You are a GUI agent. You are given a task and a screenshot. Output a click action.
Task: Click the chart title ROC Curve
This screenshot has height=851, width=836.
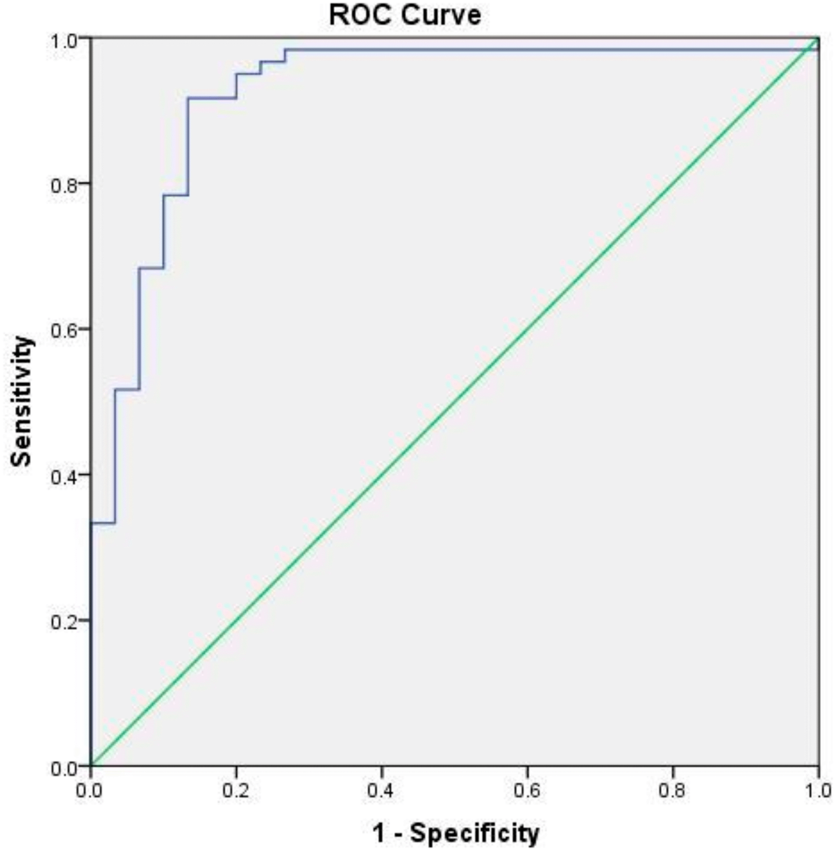(405, 16)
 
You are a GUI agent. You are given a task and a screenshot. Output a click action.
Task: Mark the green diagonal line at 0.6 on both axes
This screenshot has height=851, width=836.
(527, 330)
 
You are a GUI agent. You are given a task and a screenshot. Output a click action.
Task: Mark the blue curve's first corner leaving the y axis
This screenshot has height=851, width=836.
(91, 523)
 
